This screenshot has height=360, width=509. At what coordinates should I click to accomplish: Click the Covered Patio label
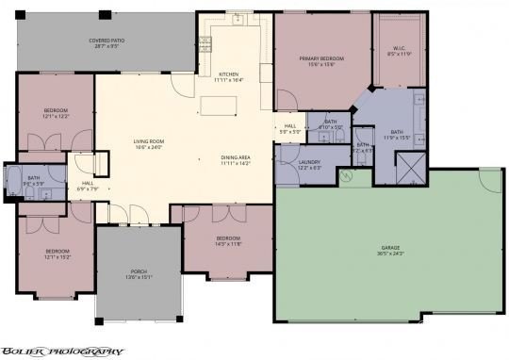pyautogui.click(x=105, y=41)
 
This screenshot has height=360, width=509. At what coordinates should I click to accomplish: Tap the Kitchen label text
pyautogui.click(x=229, y=74)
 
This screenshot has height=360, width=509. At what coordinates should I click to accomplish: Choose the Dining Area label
pyautogui.click(x=236, y=158)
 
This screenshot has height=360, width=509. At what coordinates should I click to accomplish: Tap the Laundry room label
pyautogui.click(x=310, y=162)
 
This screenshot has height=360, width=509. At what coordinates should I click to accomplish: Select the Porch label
pyautogui.click(x=140, y=271)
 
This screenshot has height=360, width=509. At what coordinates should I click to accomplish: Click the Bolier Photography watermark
pyautogui.click(x=62, y=351)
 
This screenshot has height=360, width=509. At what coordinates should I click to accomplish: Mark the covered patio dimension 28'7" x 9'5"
pyautogui.click(x=105, y=47)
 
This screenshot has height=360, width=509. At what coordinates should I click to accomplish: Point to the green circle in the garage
pyautogui.click(x=346, y=176)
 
